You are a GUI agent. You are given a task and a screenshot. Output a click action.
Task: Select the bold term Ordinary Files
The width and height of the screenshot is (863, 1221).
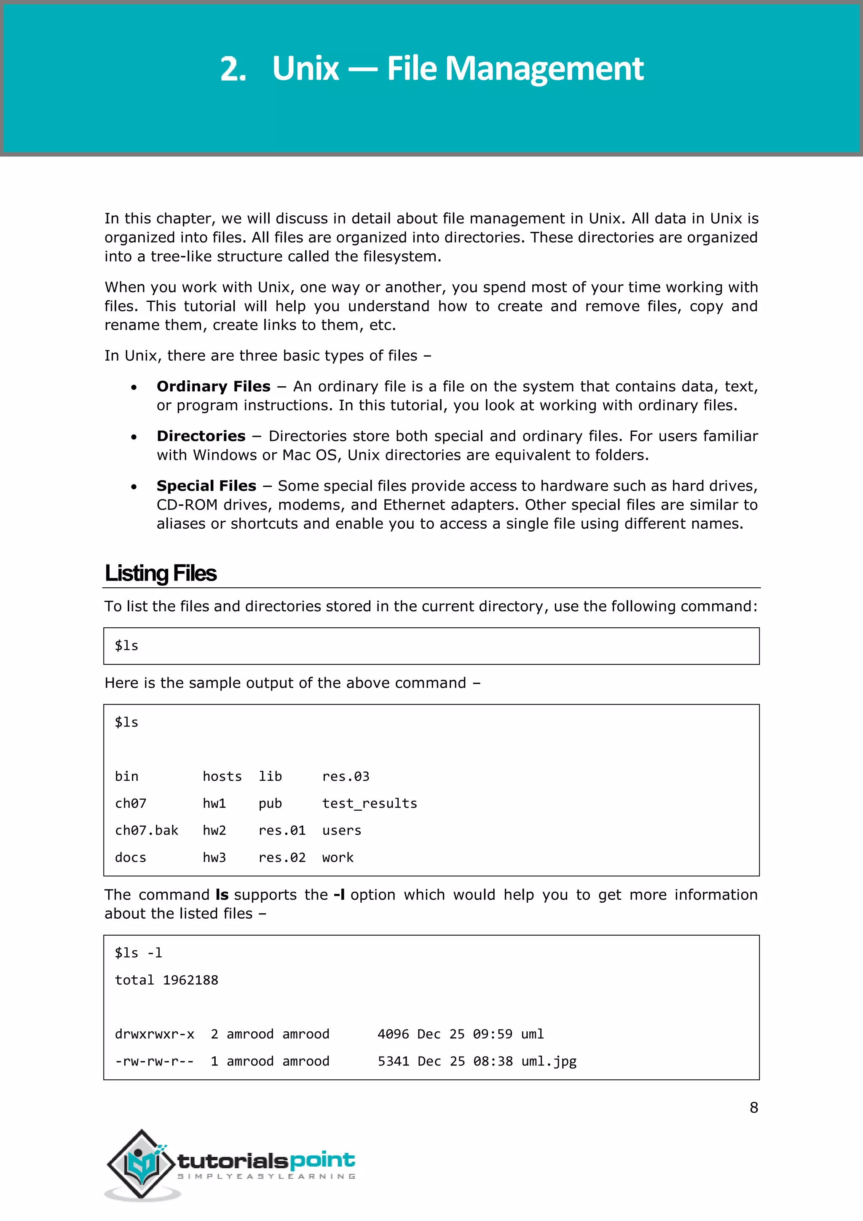tap(213, 386)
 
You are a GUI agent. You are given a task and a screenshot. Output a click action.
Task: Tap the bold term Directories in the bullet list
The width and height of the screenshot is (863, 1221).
tap(201, 436)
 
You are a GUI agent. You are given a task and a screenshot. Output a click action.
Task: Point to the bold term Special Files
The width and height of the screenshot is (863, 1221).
tap(206, 486)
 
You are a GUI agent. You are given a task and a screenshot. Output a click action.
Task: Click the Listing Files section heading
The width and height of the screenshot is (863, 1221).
tap(161, 573)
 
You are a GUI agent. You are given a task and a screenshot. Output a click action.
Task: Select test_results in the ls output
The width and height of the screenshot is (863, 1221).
tap(369, 803)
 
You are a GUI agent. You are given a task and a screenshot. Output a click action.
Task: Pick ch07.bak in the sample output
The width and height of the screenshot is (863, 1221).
tap(147, 830)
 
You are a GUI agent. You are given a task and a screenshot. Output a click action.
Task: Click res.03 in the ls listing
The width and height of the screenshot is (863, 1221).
tap(346, 777)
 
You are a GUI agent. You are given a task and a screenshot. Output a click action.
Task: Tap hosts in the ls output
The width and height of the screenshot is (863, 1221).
tap(222, 777)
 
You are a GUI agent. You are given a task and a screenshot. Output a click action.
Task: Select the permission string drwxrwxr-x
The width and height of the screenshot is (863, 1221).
tap(154, 1034)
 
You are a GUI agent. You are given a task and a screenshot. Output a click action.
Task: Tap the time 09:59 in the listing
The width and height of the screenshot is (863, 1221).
tap(493, 1034)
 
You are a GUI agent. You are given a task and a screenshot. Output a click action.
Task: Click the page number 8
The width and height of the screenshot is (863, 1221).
tap(753, 1107)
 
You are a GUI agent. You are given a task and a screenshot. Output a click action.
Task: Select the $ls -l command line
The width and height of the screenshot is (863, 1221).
tap(139, 952)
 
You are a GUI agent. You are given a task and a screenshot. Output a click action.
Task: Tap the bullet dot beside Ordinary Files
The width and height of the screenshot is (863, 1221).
tap(134, 388)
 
